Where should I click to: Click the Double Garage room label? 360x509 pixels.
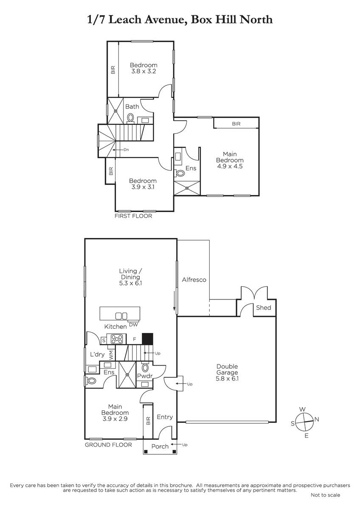pos(227,372)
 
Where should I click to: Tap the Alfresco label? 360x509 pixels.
pos(194,280)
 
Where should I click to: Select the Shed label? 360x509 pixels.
pos(264,308)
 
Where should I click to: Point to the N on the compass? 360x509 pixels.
pos(317,419)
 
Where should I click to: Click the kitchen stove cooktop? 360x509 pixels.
pos(117,339)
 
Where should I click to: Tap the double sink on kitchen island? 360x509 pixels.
pos(121,316)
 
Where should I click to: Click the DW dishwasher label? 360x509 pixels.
pos(133,325)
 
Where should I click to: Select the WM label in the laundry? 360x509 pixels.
pos(111,355)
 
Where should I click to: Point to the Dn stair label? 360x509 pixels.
pos(126,150)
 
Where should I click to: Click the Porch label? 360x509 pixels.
pos(160,446)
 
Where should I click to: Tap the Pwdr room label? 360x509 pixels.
pos(145,376)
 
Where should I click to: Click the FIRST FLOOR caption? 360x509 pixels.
pos(133,216)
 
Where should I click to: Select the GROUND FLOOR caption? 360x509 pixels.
pos(108,445)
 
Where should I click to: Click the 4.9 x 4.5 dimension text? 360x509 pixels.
pos(230,166)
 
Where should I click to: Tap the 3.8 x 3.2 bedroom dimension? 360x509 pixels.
pos(143,71)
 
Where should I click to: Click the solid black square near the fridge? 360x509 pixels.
pos(148,338)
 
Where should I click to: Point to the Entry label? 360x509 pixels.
pos(165,417)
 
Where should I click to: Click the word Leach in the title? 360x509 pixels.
pos(125,20)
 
